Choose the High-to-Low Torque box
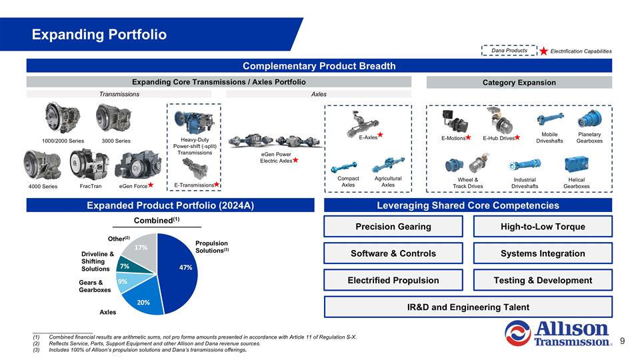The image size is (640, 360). [x=542, y=227]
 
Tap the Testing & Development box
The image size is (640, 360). [x=542, y=280]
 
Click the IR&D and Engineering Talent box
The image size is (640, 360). [x=467, y=307]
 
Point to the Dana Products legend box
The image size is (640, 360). [x=509, y=51]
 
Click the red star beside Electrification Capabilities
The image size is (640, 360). [x=544, y=51]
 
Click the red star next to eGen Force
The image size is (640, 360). [x=151, y=184]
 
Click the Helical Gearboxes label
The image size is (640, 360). [x=576, y=183]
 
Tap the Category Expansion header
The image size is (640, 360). [x=519, y=83]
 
